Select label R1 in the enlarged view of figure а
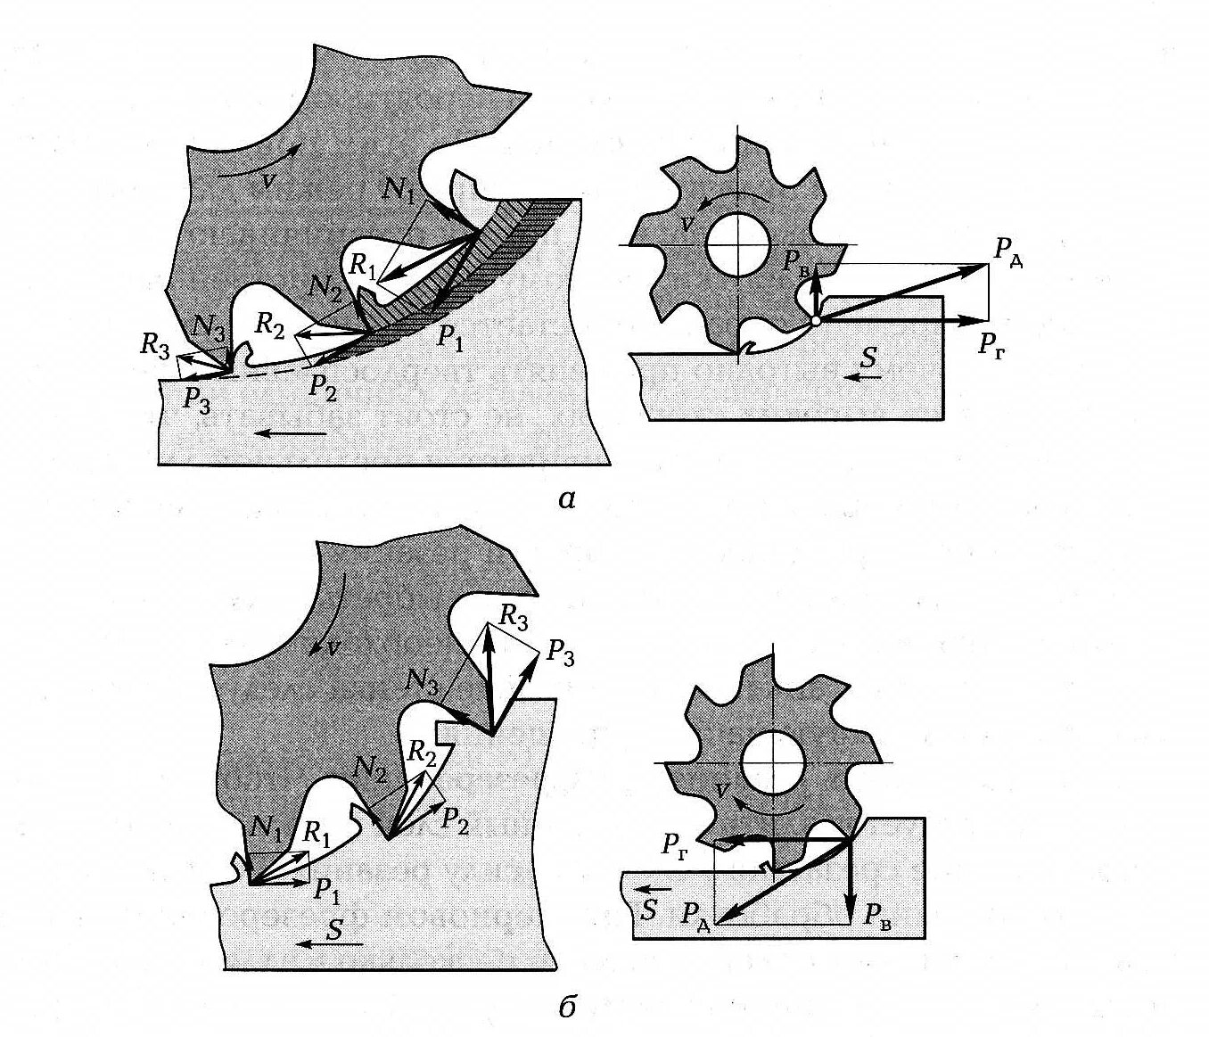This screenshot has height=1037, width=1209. (362, 265)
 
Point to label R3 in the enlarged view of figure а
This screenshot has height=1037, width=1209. (155, 345)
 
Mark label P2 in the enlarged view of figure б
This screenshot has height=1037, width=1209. (455, 816)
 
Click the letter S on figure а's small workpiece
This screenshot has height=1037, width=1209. (869, 358)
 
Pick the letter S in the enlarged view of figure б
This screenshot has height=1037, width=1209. (334, 930)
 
